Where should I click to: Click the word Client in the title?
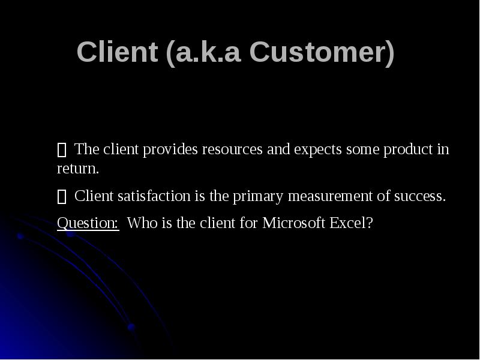(x=117, y=53)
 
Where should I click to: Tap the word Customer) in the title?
(x=322, y=53)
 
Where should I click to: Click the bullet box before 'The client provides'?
(x=61, y=150)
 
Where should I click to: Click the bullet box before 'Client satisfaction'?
(x=61, y=197)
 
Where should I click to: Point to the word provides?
(x=174, y=149)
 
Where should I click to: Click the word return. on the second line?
(x=77, y=169)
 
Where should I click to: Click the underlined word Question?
(x=88, y=224)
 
